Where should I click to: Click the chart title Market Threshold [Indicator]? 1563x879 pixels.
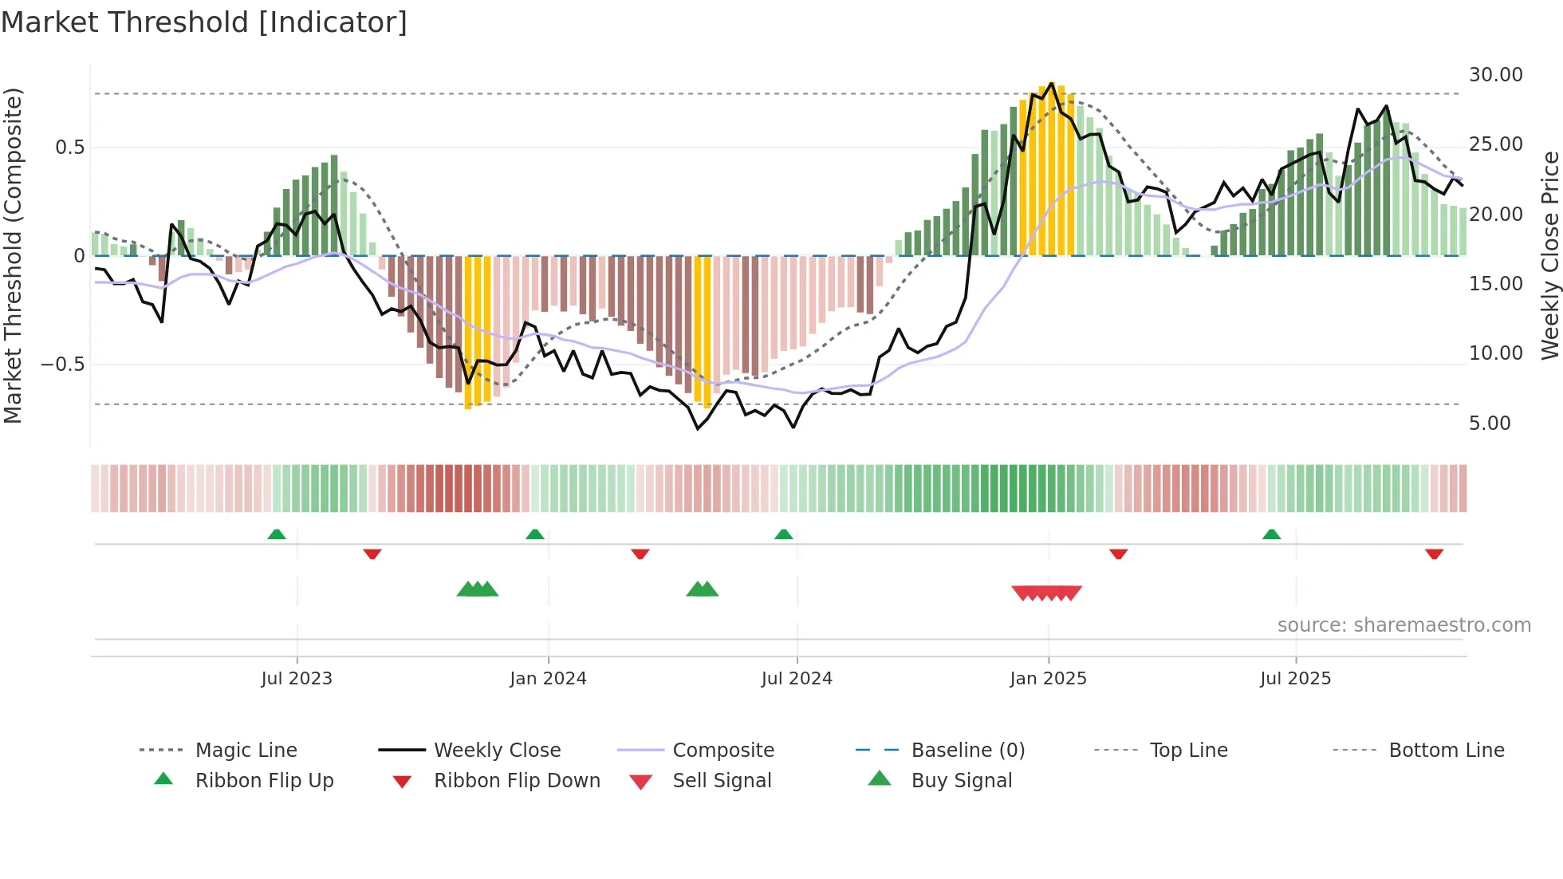pyautogui.click(x=204, y=22)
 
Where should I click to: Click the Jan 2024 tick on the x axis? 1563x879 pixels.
pyautogui.click(x=548, y=678)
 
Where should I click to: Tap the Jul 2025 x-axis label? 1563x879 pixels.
pyautogui.click(x=1295, y=678)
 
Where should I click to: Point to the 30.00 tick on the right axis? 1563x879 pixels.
pyautogui.click(x=1495, y=74)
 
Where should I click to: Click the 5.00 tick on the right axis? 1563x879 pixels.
pyautogui.click(x=1490, y=423)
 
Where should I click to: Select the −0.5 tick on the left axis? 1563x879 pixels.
pyautogui.click(x=62, y=364)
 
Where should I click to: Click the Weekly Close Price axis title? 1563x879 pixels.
pyautogui.click(x=1549, y=255)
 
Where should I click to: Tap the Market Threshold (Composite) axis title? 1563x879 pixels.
pyautogui.click(x=13, y=255)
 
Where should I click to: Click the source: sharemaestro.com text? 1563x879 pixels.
pyautogui.click(x=1404, y=625)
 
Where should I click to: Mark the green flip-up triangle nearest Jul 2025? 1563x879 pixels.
pyautogui.click(x=1271, y=534)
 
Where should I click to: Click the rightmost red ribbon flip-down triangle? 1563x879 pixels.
pyautogui.click(x=1434, y=554)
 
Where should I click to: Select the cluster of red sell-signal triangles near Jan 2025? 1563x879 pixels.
pyautogui.click(x=1046, y=593)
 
